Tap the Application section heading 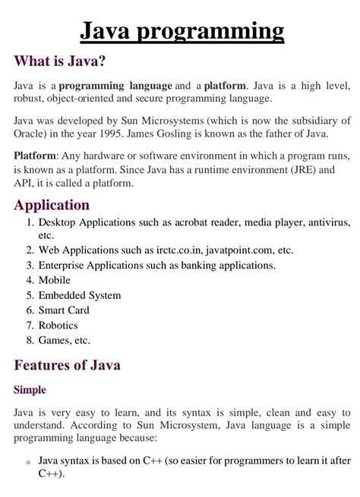[x=52, y=205]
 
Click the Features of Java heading [x=68, y=365]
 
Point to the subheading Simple [x=30, y=390]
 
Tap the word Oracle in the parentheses [x=32, y=134]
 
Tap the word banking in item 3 [x=202, y=265]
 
